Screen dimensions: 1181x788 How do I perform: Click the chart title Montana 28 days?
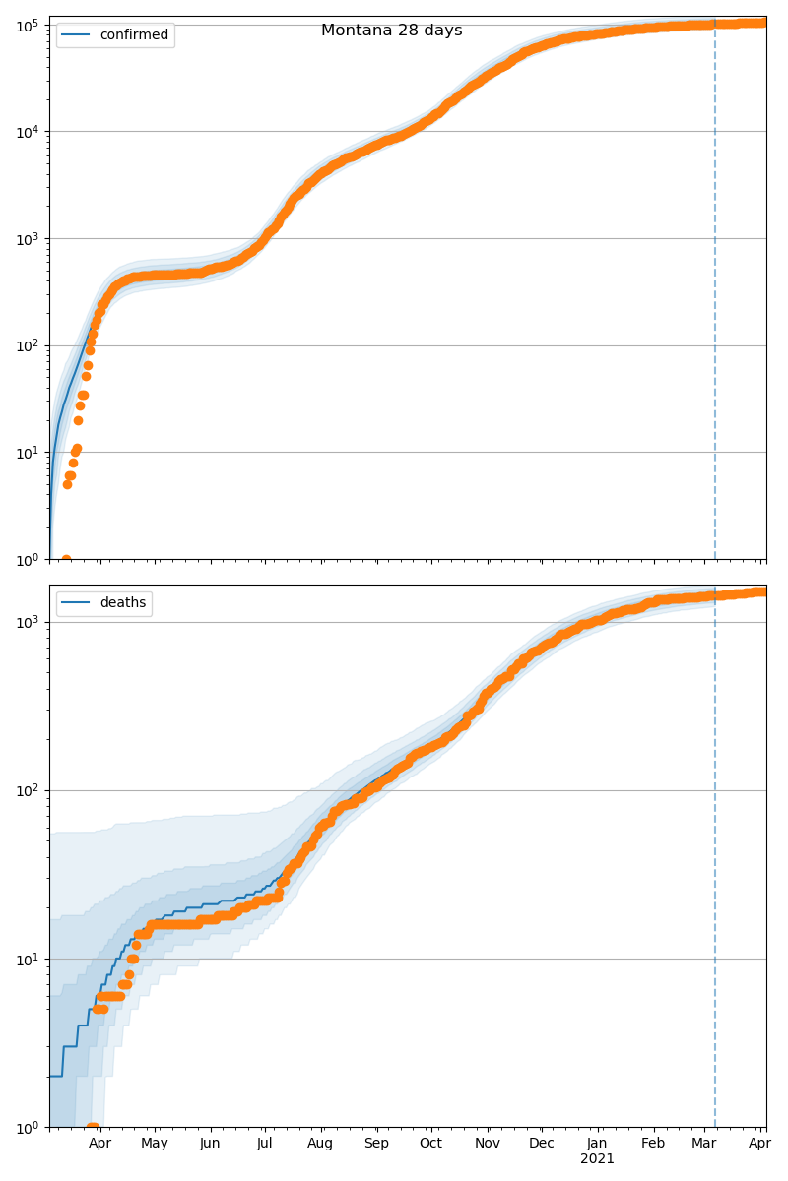(x=391, y=31)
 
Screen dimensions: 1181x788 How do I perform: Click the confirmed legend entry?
(x=133, y=35)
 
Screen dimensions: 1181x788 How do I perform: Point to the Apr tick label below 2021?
(x=758, y=1144)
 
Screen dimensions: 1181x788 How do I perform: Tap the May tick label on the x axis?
(x=155, y=1144)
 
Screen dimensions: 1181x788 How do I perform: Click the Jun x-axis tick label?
(x=210, y=1144)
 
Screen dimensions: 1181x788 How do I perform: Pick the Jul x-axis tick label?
(x=264, y=1144)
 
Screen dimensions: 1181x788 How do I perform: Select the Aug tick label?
(x=320, y=1144)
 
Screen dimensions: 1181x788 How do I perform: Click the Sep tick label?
(x=376, y=1144)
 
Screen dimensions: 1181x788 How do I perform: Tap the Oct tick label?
(x=430, y=1144)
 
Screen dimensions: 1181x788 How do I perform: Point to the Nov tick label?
(x=487, y=1144)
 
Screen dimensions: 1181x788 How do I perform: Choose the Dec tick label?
(x=541, y=1144)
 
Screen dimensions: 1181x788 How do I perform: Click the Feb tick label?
(x=653, y=1144)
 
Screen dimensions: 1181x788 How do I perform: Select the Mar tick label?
(x=703, y=1144)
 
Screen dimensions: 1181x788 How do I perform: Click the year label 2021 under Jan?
(x=597, y=1159)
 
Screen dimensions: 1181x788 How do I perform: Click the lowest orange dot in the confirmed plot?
(x=66, y=559)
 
